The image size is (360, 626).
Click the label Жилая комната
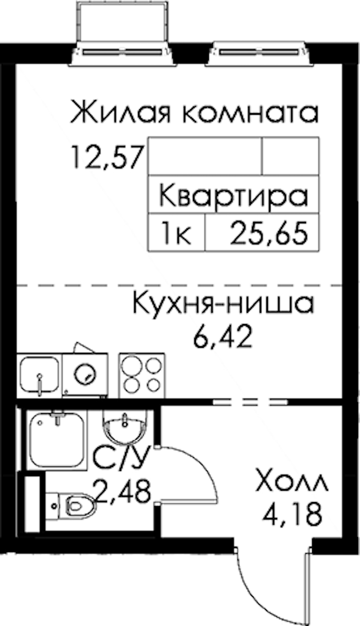pyautogui.click(x=194, y=112)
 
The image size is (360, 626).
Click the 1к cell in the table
pyautogui.click(x=176, y=232)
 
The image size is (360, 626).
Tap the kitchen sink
pyautogui.click(x=40, y=375)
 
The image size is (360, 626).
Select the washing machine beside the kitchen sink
pyautogui.click(x=85, y=375)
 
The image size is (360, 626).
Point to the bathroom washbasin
pyautogui.click(x=125, y=427)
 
